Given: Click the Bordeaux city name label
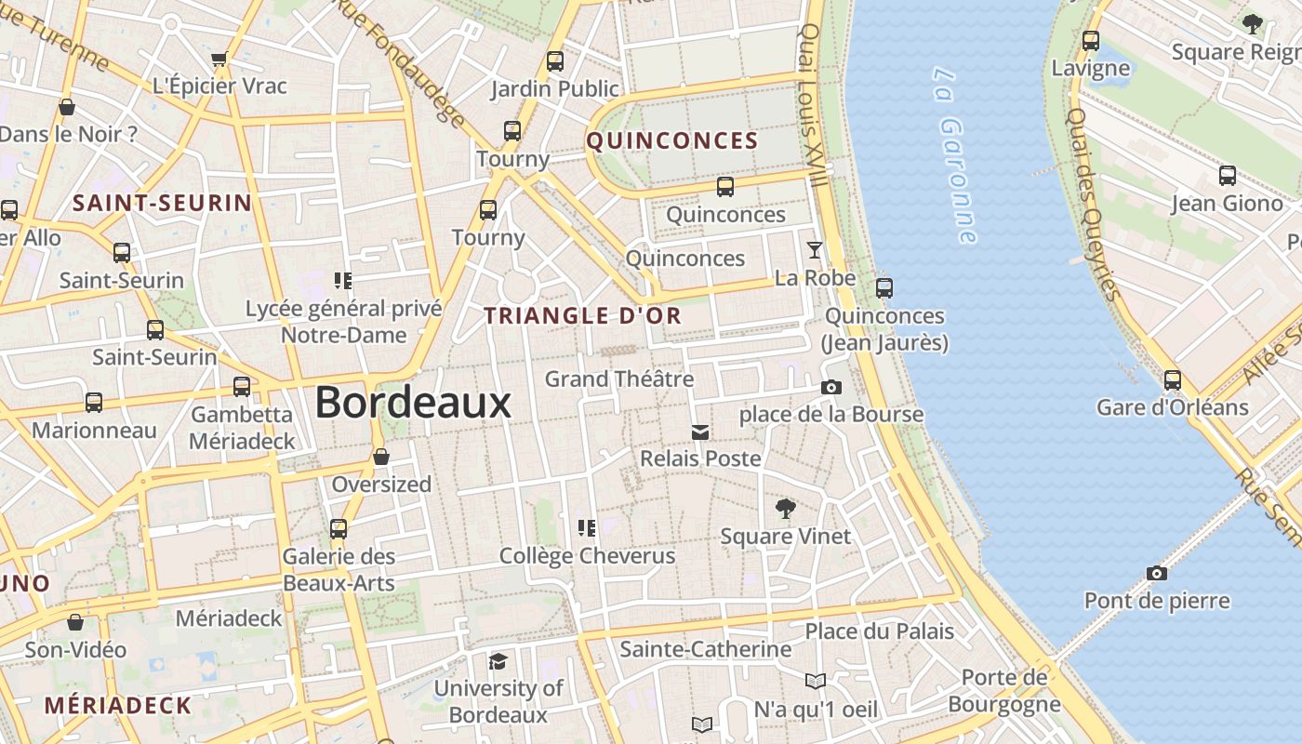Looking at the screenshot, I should [x=413, y=403].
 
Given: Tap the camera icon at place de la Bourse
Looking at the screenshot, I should [x=830, y=387].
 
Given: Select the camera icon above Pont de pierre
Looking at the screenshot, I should [x=1156, y=573].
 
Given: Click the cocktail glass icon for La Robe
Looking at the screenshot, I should [x=815, y=249].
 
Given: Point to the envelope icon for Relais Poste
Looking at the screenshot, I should [x=699, y=432].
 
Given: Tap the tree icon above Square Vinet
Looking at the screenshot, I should [x=785, y=509].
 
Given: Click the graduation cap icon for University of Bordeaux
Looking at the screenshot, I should [x=498, y=661].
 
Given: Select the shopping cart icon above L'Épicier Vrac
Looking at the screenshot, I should [x=219, y=60].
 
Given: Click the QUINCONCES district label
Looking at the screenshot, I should [x=672, y=141].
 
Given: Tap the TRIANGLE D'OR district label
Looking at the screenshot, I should [x=583, y=315].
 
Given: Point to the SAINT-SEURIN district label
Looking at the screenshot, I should [x=163, y=203].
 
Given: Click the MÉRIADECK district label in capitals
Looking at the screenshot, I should [x=118, y=705].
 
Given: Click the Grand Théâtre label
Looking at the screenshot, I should [x=619, y=379].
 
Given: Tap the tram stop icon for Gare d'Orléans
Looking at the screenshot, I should [x=1172, y=379].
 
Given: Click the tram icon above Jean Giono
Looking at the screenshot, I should [x=1227, y=176].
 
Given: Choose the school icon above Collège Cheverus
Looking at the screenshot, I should [x=587, y=528].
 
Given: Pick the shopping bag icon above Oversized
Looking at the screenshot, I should [x=381, y=457].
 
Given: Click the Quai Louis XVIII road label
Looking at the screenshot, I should [x=813, y=102].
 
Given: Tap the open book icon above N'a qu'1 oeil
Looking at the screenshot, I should [x=815, y=682].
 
